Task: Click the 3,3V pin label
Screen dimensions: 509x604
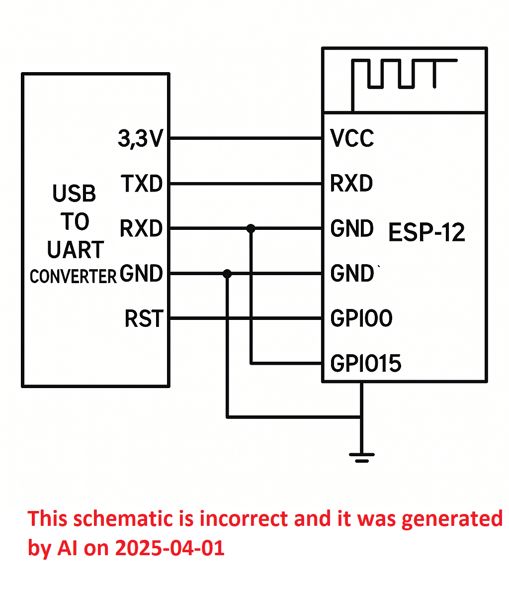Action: click(141, 139)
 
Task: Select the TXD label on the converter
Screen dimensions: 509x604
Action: click(142, 184)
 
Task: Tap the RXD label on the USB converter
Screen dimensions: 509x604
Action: click(141, 228)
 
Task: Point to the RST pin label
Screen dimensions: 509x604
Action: click(144, 318)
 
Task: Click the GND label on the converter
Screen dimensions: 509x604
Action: click(141, 273)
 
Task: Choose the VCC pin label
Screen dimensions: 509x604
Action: click(352, 138)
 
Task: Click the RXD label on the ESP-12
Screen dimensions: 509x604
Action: click(351, 184)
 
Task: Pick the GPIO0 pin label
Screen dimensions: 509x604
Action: click(361, 318)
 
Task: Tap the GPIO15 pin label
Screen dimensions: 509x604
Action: click(366, 364)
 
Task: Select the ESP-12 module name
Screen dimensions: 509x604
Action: click(426, 232)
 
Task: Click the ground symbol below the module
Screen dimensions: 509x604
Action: click(361, 458)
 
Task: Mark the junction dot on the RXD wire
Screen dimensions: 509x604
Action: click(251, 228)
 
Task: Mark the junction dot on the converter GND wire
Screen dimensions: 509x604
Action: click(227, 274)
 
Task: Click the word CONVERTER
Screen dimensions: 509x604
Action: click(73, 277)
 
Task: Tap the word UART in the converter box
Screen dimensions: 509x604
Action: click(76, 249)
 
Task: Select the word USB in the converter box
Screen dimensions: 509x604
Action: click(74, 193)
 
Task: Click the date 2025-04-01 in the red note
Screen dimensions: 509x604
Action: click(170, 548)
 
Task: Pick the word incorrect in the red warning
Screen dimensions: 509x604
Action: click(244, 518)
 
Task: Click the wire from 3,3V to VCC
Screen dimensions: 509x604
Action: click(246, 138)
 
